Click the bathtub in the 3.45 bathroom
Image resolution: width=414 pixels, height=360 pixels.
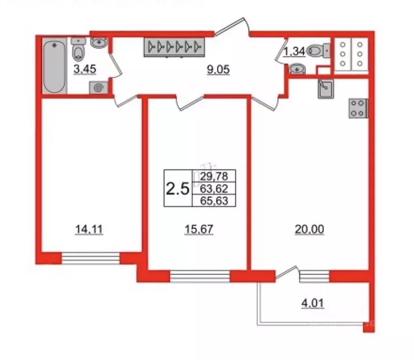coord(54,66)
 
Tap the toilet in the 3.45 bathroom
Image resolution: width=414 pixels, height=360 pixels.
coord(78,49)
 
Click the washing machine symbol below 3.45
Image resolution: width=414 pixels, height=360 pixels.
coord(98,88)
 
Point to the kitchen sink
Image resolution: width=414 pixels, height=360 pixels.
coord(326,89)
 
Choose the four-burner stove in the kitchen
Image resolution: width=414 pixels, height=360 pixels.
coord(358,108)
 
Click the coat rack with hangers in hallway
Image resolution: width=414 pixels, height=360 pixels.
coord(174,47)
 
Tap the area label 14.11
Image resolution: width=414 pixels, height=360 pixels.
coord(89,229)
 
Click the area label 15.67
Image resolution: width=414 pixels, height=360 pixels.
coord(199,229)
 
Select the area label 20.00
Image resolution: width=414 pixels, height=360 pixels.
coord(309,229)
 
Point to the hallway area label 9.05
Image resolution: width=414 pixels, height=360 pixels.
coord(218,69)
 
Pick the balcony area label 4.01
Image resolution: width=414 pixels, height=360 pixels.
coord(313,303)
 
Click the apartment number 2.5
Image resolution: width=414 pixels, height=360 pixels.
coord(177,189)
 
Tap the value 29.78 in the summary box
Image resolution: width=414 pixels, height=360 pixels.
coord(214,176)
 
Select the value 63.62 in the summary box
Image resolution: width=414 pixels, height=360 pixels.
coord(214,188)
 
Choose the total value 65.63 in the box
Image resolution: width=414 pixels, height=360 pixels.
coord(214,201)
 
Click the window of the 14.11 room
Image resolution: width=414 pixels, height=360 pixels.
coord(90,258)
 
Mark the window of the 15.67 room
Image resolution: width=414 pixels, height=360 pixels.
coord(200,276)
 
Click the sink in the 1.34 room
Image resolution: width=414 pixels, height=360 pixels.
coord(297,69)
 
